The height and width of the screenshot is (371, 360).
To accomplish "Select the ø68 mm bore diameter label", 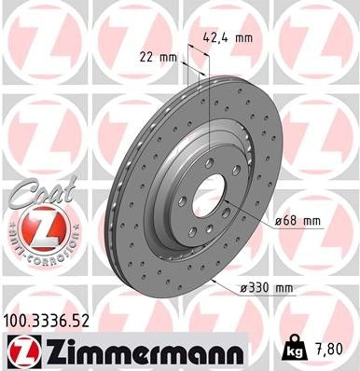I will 298,220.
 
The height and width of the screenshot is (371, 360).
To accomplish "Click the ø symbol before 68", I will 278,220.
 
